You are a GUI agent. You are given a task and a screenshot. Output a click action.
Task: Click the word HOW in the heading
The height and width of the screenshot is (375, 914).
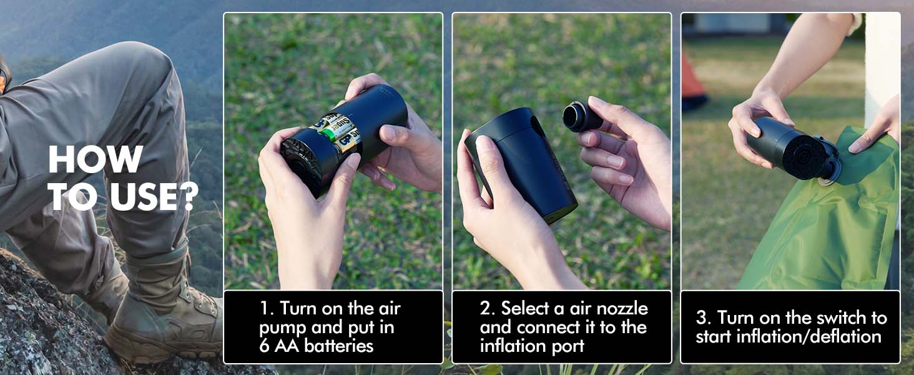point(96,159)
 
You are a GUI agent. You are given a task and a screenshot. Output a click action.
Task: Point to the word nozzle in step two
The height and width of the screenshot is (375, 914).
point(619,309)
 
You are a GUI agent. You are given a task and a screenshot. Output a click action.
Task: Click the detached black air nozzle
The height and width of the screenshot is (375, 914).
point(582,116)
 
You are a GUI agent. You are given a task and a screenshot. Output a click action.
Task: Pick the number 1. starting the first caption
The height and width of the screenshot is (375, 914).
point(267,309)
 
